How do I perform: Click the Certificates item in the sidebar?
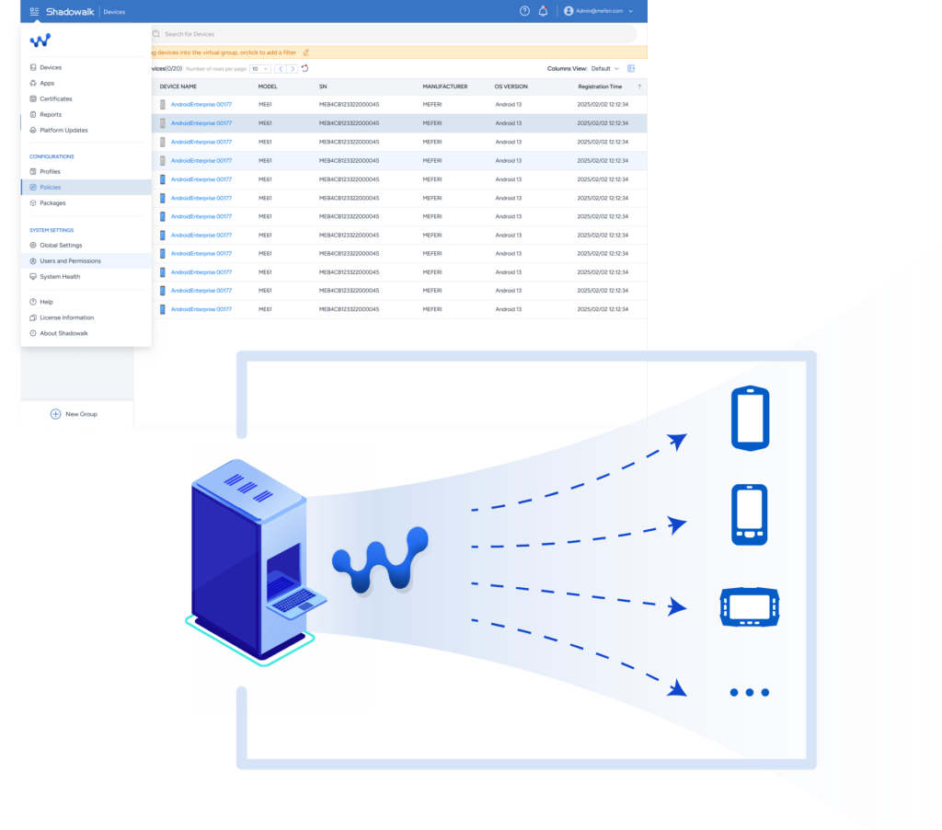coord(55,98)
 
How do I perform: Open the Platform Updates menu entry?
coord(63,130)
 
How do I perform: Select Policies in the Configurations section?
coord(50,187)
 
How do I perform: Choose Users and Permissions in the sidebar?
coord(70,260)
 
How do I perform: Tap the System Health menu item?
coord(60,276)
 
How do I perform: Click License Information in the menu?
coord(67,317)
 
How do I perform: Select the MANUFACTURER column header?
coord(445,86)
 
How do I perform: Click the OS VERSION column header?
coord(511,86)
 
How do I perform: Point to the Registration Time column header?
coord(600,86)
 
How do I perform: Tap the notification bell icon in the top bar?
coord(543,11)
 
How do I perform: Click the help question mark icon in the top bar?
coord(524,11)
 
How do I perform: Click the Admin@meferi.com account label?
coord(599,11)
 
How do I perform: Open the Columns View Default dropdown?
coord(605,68)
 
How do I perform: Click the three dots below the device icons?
coord(750,692)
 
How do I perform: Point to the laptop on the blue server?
coord(295,596)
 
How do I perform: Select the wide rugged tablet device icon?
coord(750,606)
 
